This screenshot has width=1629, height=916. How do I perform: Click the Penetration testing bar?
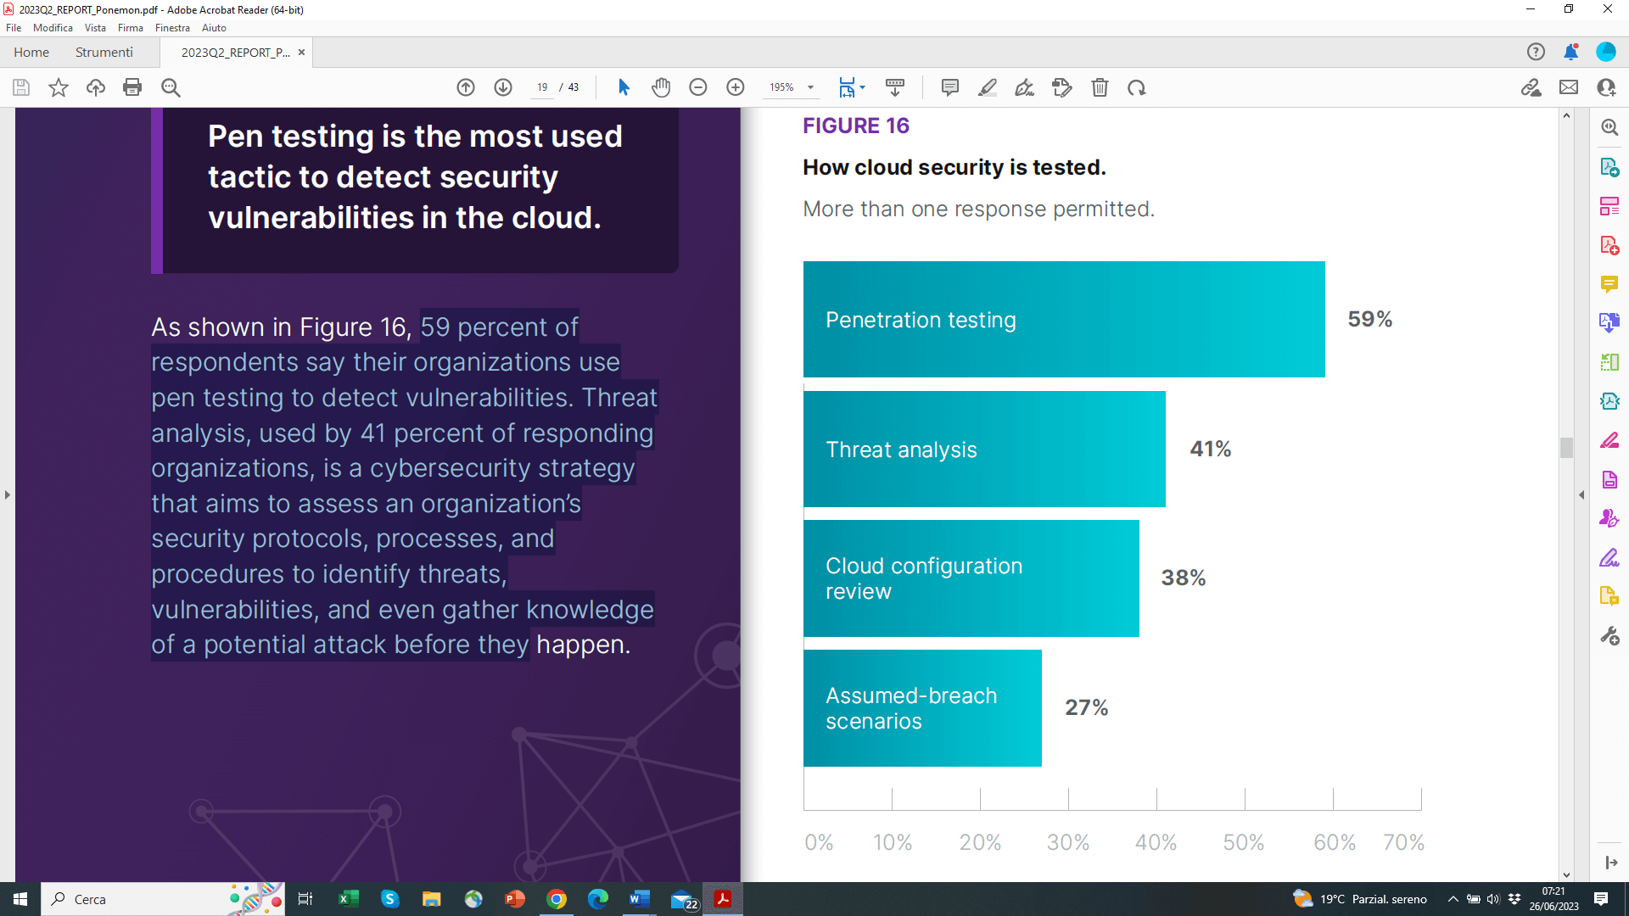pyautogui.click(x=1063, y=320)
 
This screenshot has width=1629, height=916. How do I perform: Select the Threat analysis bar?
pyautogui.click(x=984, y=450)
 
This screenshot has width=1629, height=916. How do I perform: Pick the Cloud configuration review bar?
pyautogui.click(x=971, y=578)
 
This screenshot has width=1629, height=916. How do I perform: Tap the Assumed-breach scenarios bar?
pyautogui.click(x=922, y=708)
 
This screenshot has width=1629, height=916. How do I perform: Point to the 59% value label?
pyautogui.click(x=1369, y=320)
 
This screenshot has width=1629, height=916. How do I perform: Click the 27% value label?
pyautogui.click(x=1086, y=707)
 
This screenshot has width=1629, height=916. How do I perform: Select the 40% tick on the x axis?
pyautogui.click(x=1156, y=842)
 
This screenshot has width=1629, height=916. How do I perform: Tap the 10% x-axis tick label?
pyautogui.click(x=893, y=842)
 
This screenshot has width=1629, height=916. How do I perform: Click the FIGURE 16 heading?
pyautogui.click(x=855, y=126)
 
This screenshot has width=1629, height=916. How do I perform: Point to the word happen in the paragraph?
pyautogui.click(x=580, y=645)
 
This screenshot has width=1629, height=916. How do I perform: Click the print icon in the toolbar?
pyautogui.click(x=132, y=87)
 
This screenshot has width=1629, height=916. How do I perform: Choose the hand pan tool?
pyautogui.click(x=661, y=87)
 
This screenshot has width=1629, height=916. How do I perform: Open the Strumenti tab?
pyautogui.click(x=104, y=53)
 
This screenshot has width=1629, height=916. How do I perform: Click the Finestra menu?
pyautogui.click(x=172, y=28)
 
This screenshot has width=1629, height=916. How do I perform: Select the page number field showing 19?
pyautogui.click(x=542, y=87)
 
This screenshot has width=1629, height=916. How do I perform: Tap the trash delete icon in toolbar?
pyautogui.click(x=1100, y=87)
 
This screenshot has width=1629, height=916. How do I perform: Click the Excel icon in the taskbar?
pyautogui.click(x=348, y=899)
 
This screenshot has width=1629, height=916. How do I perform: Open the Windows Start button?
pyautogui.click(x=20, y=899)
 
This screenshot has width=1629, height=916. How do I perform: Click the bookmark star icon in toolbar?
pyautogui.click(x=59, y=87)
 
